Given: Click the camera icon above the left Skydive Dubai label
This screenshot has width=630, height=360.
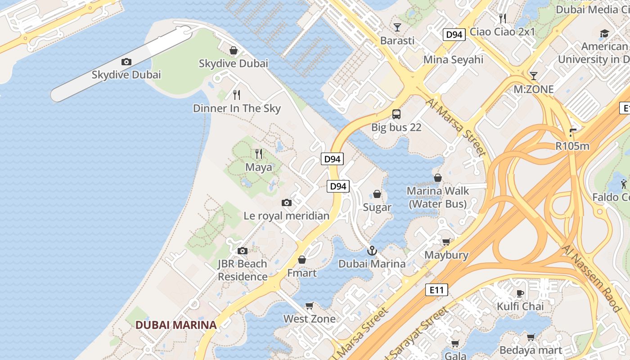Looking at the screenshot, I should tap(126, 62).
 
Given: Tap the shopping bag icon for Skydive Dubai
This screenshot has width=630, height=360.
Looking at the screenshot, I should tap(234, 50).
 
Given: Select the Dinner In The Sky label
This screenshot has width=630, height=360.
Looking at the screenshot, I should tap(237, 108).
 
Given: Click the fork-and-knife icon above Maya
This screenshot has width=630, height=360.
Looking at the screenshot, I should tap(259, 154).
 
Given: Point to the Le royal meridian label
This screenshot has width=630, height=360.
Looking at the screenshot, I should tap(287, 216).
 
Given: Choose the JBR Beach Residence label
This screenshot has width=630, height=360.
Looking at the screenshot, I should tap(243, 270).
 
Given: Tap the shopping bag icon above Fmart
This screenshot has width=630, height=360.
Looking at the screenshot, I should tap(302, 260).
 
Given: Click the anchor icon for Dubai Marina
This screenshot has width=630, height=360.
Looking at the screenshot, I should tap(372, 251).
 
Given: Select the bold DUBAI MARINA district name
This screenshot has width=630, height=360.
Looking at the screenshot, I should tap(176, 325).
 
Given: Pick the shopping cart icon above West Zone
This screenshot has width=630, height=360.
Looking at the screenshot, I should tap(309, 306).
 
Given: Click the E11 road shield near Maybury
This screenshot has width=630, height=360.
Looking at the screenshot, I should tap(436, 290).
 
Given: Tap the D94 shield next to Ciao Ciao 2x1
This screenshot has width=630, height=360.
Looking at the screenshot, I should tap(454, 35).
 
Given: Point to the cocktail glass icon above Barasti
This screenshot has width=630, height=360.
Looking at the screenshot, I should tap(397, 27).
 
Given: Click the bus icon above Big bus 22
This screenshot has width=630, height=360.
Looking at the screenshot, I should tap(396, 114).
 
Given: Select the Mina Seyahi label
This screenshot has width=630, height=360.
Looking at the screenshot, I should tap(454, 60).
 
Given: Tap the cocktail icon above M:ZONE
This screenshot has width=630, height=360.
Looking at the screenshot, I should tap(534, 76).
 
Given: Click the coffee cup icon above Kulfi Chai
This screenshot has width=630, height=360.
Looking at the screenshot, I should tap(520, 294).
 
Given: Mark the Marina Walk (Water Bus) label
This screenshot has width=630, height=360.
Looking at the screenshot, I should tap(438, 198).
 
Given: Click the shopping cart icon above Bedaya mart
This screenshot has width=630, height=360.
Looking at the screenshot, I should tap(531, 337).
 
